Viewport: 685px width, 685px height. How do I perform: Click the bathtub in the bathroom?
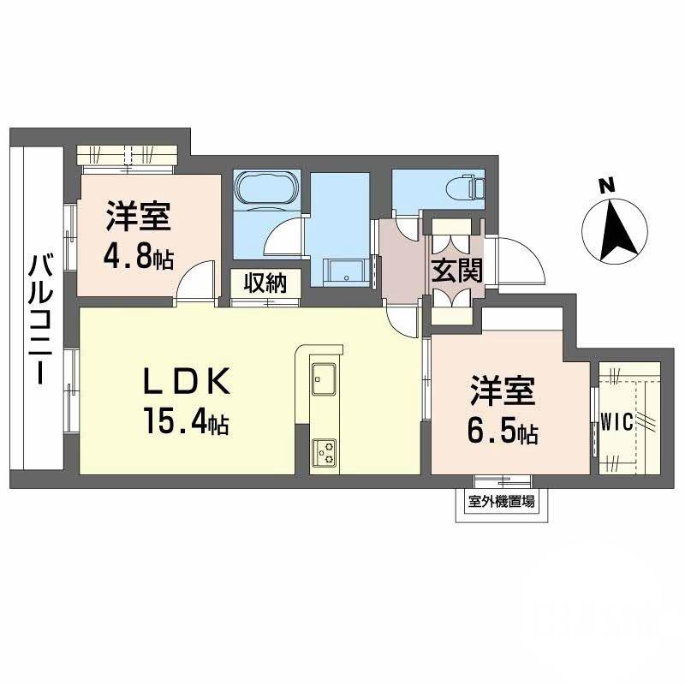pos(266,189)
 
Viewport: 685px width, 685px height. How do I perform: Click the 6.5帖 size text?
pos(503,433)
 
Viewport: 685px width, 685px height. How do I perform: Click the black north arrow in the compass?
pos(615,229)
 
